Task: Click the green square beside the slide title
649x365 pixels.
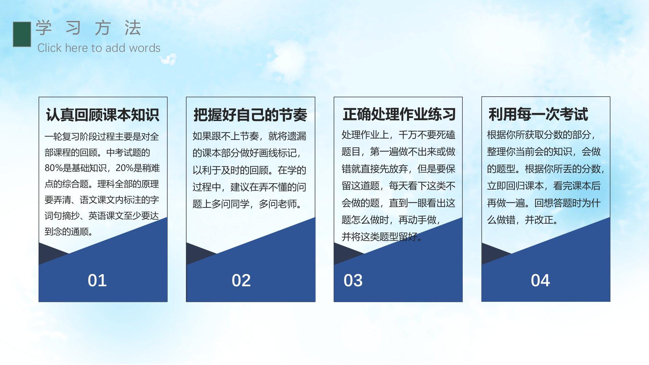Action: (x=22, y=34)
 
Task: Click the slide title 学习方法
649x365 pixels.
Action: (x=88, y=28)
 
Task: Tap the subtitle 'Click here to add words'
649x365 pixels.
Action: (x=99, y=48)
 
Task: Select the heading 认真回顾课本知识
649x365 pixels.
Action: (x=102, y=115)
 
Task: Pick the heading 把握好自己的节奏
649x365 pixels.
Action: (x=250, y=115)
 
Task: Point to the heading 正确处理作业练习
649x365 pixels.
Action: (x=399, y=114)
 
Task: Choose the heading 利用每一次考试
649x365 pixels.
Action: (x=538, y=114)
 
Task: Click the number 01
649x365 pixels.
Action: (x=97, y=281)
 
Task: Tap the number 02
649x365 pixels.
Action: (x=241, y=281)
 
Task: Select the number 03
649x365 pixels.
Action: (x=353, y=281)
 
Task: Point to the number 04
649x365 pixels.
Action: (x=540, y=281)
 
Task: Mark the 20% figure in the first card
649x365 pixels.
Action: (x=124, y=168)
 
